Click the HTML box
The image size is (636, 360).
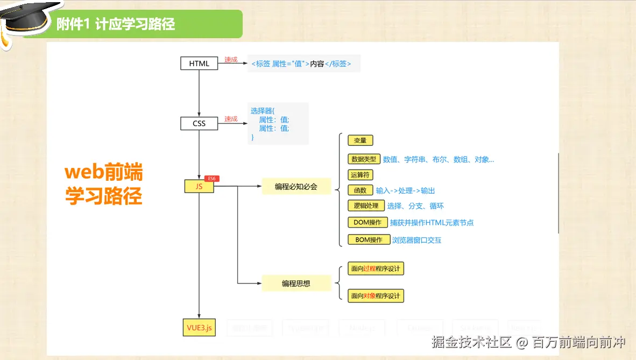point(199,63)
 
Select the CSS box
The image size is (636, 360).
point(199,123)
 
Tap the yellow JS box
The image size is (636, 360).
point(199,187)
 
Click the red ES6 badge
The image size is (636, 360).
point(211,179)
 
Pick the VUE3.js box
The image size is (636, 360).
point(199,327)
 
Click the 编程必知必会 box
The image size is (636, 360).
point(296,187)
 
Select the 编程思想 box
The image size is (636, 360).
point(296,283)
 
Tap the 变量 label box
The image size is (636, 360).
point(360,140)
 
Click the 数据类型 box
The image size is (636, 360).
point(364,159)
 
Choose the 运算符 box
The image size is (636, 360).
point(360,175)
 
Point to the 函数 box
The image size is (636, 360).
point(360,190)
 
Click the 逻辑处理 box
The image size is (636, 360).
point(366,206)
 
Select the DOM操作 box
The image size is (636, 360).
point(368,222)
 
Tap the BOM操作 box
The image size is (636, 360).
point(369,240)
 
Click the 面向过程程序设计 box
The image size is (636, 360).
point(376,269)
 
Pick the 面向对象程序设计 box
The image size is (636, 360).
point(376,296)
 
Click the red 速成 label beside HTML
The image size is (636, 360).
point(231,60)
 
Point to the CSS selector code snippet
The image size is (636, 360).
point(278,124)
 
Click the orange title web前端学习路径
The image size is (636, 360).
point(104,185)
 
